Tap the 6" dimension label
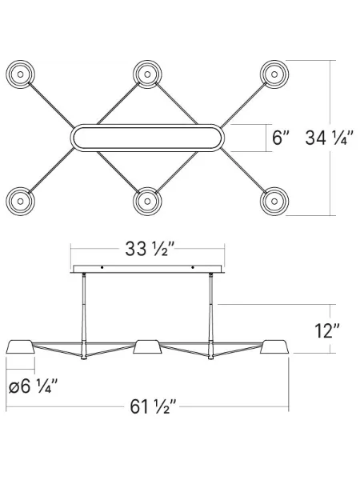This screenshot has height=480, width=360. coord(280,138)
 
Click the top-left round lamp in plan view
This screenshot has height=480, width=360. coord(22,75)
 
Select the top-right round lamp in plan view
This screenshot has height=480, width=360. coord(274,75)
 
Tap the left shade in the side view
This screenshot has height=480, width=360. coord(22,346)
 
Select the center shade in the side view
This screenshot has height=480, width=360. coord(147,346)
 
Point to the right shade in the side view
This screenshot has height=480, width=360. coord(274,346)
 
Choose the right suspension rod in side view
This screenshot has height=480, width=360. coord(211,316)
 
